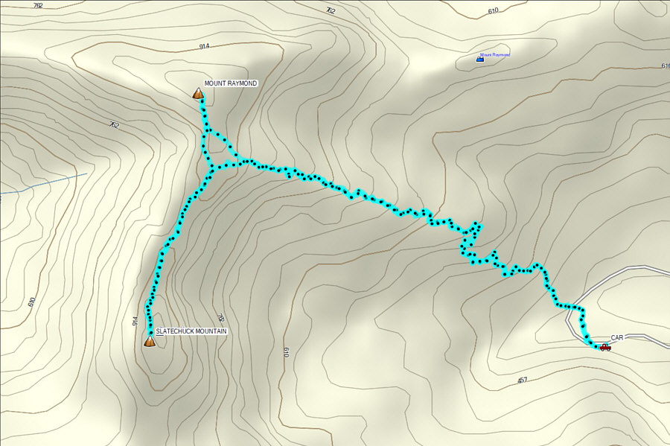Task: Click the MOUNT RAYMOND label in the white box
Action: pyautogui.click(x=231, y=83)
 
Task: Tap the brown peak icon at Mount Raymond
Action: pyautogui.click(x=198, y=94)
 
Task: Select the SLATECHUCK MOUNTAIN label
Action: pyautogui.click(x=191, y=331)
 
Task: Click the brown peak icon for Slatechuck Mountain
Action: pyautogui.click(x=150, y=342)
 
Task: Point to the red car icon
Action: pyautogui.click(x=604, y=347)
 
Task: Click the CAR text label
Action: pyautogui.click(x=617, y=337)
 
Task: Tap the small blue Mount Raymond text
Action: pyautogui.click(x=495, y=55)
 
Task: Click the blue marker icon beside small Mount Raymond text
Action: pyautogui.click(x=479, y=58)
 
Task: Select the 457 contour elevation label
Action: pyautogui.click(x=523, y=380)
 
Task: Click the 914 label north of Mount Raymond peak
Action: pyautogui.click(x=205, y=46)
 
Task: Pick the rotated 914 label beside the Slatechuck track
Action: pyautogui.click(x=135, y=322)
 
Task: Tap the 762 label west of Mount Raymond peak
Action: pyautogui.click(x=113, y=125)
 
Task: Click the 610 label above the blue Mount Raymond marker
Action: pyautogui.click(x=493, y=11)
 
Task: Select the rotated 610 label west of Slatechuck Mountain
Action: pyautogui.click(x=31, y=302)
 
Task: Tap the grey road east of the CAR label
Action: pyautogui.click(x=648, y=340)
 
